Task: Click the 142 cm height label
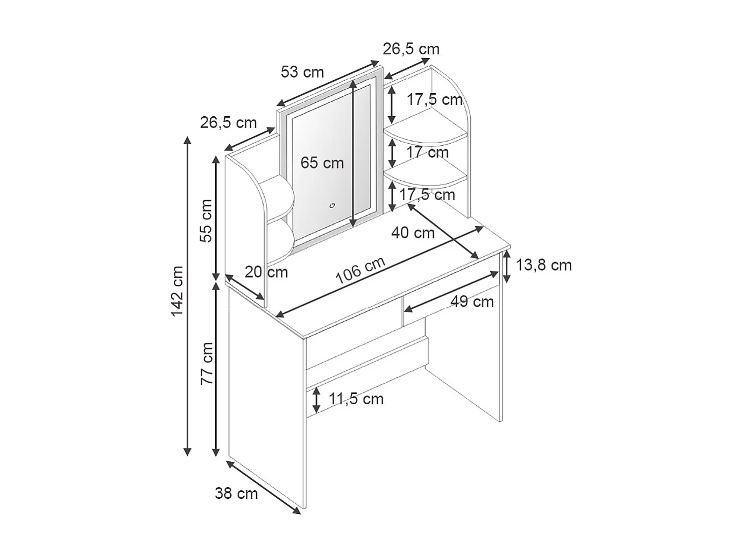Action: (x=178, y=291)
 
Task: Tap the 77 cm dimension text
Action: (x=207, y=363)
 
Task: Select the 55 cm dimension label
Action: (x=207, y=221)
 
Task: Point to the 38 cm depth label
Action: (x=236, y=493)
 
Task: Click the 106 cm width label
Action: (x=360, y=271)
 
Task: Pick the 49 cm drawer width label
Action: (x=472, y=301)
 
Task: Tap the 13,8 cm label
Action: (x=543, y=265)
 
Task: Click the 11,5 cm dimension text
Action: (x=356, y=399)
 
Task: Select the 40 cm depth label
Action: (x=413, y=232)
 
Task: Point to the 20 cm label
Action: (x=266, y=272)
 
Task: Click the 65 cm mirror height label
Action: (x=322, y=163)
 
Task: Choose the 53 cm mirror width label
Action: (x=302, y=72)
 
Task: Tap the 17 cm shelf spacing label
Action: (x=428, y=152)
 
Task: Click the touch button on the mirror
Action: (x=332, y=205)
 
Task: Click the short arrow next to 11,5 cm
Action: (x=317, y=399)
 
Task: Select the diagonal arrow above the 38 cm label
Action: (x=263, y=486)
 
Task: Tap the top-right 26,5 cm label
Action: (x=411, y=49)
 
